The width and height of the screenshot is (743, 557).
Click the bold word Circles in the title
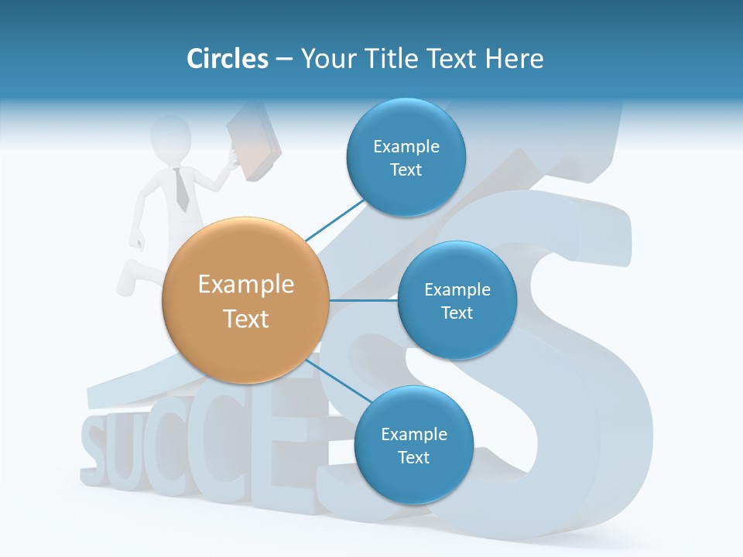[x=227, y=59]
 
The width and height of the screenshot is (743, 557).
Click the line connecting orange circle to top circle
[x=334, y=221]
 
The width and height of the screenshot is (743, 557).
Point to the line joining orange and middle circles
[x=364, y=300]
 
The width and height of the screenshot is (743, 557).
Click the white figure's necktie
[x=180, y=190]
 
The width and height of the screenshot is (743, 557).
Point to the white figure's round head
[x=171, y=136]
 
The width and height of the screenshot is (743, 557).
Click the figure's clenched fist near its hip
[x=138, y=242]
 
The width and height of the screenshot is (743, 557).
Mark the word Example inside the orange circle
[x=246, y=285]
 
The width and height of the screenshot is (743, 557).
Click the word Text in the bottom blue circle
[x=413, y=457]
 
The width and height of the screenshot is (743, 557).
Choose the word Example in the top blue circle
[x=406, y=146]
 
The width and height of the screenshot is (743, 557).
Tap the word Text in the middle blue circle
[x=457, y=313]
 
